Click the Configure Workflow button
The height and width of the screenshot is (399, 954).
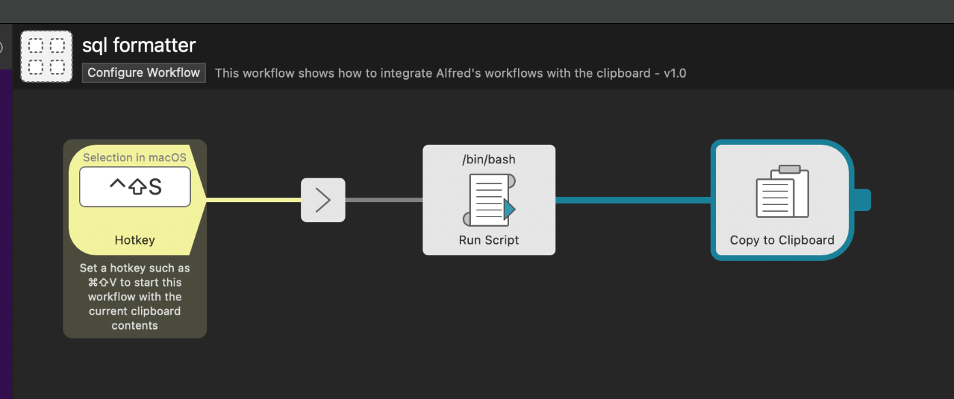coord(144,73)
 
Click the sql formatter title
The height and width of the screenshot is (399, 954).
coord(139,46)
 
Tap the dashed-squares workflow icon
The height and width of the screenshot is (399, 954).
coord(46,57)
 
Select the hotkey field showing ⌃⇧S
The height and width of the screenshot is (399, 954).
coord(135,187)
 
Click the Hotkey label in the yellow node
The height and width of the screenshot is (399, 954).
coord(135,240)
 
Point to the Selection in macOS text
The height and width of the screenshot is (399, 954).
coord(135,157)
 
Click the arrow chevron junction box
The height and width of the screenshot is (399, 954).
coord(323,200)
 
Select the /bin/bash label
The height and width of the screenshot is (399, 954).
coord(489,160)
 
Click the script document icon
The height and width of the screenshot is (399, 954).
coord(489,199)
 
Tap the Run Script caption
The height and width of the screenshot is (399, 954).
coord(489,240)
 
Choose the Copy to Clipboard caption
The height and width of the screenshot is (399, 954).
coord(782,240)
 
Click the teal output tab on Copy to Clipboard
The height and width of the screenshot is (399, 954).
coord(862,200)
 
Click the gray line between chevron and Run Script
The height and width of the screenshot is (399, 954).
coord(384,200)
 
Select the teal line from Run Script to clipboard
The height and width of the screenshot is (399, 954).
coord(634,200)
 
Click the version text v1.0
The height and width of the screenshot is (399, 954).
coord(675,73)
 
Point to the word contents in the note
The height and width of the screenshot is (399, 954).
coord(135,325)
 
